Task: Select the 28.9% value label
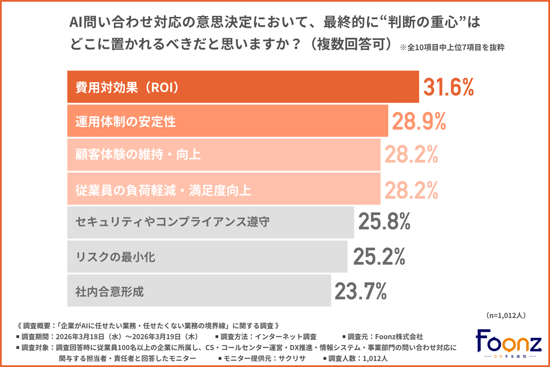click(419, 121)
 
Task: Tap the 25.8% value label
click(384, 222)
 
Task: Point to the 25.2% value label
click(379, 257)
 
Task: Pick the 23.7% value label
click(360, 291)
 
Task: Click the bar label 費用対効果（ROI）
click(127, 87)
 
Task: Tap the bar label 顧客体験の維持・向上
click(138, 155)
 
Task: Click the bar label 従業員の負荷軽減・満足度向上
click(163, 190)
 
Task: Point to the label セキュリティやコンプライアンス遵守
click(172, 222)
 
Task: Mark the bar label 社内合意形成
click(109, 291)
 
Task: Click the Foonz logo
click(508, 342)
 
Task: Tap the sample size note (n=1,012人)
click(505, 315)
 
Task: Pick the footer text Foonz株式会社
click(400, 337)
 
